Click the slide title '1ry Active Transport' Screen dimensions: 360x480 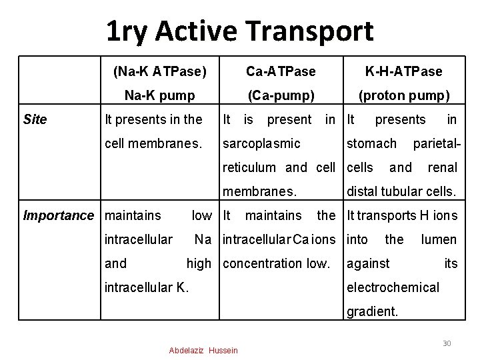pyautogui.click(x=240, y=31)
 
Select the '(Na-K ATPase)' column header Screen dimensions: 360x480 pyautogui.click(x=160, y=71)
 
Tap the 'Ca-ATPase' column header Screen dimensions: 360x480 pyautogui.click(x=281, y=71)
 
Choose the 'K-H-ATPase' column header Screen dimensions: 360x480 pyautogui.click(x=404, y=71)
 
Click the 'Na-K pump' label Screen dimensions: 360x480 pyautogui.click(x=160, y=95)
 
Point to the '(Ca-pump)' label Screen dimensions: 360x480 pyautogui.click(x=281, y=95)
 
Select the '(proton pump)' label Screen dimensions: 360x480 pyautogui.click(x=404, y=95)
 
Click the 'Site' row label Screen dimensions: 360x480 pyautogui.click(x=35, y=119)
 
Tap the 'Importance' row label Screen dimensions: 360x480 pyautogui.click(x=59, y=215)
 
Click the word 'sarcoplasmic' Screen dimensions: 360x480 pyautogui.click(x=261, y=143)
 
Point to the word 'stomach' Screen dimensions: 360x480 pyautogui.click(x=371, y=143)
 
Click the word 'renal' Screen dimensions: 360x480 pyautogui.click(x=442, y=167)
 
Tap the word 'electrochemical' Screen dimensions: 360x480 pyautogui.click(x=393, y=287)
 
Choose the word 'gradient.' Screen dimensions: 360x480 pyautogui.click(x=371, y=311)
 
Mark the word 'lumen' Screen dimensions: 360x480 pyautogui.click(x=439, y=239)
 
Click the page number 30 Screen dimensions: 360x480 pyautogui.click(x=447, y=343)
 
